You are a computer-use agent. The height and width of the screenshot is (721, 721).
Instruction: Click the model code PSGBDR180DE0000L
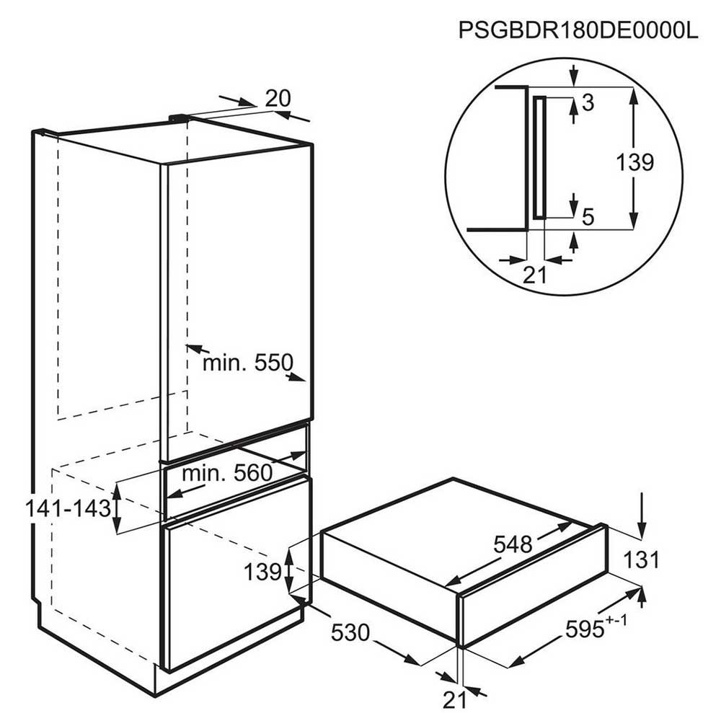pyautogui.click(x=578, y=30)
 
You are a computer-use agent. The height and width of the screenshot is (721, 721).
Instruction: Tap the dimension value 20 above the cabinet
pyautogui.click(x=278, y=98)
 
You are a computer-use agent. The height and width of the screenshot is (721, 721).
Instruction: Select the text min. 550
pyautogui.click(x=248, y=363)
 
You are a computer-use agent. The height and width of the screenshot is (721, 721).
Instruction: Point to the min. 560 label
pyautogui.click(x=227, y=472)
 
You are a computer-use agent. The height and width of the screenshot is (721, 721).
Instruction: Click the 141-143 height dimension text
pyautogui.click(x=68, y=508)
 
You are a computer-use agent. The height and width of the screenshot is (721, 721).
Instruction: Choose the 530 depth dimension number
pyautogui.click(x=350, y=632)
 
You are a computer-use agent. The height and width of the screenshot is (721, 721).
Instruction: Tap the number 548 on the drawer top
pyautogui.click(x=513, y=545)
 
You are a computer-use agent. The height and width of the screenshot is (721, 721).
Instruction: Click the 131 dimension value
pyautogui.click(x=641, y=559)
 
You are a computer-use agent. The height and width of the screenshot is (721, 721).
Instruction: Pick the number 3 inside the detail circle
pyautogui.click(x=588, y=102)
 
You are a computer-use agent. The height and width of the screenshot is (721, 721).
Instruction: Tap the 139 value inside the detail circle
pyautogui.click(x=635, y=162)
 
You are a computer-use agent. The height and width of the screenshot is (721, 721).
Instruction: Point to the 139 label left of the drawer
pyautogui.click(x=262, y=572)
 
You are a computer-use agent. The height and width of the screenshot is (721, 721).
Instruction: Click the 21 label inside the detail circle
pyautogui.click(x=535, y=275)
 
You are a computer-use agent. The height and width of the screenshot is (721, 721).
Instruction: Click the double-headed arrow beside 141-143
pyautogui.click(x=118, y=508)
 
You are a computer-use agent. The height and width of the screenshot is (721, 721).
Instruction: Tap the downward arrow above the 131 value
pyautogui.click(x=642, y=515)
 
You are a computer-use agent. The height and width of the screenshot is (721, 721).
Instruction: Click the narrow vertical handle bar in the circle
pyautogui.click(x=539, y=157)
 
